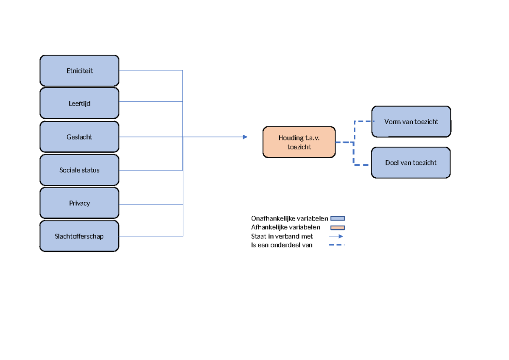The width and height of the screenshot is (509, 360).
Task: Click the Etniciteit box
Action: point(79,71)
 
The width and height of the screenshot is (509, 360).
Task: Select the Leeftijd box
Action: point(79,103)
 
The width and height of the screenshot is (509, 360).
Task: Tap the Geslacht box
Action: point(79,137)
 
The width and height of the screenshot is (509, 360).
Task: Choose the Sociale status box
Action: point(79,170)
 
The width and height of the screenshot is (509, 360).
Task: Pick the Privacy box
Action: point(79,203)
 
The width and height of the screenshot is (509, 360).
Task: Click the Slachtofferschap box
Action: point(79,236)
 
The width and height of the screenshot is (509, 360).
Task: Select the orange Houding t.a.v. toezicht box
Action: point(299,142)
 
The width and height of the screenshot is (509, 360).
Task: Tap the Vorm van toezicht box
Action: point(411,122)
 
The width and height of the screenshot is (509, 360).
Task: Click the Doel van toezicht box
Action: point(411,162)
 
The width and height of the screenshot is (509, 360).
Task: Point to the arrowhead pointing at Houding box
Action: point(245,137)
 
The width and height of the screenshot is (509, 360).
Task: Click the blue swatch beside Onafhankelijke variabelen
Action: point(338,219)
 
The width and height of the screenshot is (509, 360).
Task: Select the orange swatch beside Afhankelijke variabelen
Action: point(338,228)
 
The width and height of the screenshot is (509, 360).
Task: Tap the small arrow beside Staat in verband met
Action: point(336,236)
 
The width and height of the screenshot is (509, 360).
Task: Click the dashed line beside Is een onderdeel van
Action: point(337,245)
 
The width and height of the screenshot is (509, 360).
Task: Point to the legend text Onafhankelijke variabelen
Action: point(289,219)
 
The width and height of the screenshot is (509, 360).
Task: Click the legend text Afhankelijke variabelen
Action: point(285,227)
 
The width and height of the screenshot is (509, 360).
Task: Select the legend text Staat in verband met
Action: point(282,236)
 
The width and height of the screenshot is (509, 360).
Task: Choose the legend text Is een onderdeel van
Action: point(282,245)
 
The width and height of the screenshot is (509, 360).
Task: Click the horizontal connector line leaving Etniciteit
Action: point(151,70)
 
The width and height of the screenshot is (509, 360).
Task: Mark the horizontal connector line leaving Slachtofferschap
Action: point(151,236)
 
